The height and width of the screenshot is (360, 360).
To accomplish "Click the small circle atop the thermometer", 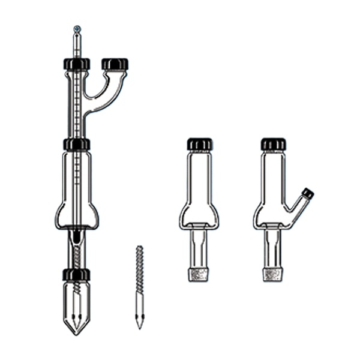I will pos(76,28).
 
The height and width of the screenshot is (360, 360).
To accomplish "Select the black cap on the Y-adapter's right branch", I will pos(115,64).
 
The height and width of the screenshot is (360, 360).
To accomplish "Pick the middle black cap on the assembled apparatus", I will pos(77,145).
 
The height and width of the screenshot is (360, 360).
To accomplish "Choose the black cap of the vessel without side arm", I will pos(199,144).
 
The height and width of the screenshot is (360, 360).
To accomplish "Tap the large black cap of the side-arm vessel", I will pos(274,144).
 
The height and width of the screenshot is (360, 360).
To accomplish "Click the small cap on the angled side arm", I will pos(308,193).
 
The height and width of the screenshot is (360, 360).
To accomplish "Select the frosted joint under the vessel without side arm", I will pos(199,275).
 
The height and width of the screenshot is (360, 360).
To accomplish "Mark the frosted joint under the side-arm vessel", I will pos(273,275).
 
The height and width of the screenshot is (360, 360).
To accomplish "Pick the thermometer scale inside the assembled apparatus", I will pos(77,120).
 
